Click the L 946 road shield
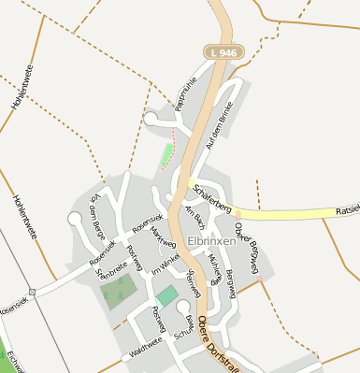click(227, 53)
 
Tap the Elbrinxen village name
click(210, 240)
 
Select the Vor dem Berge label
click(94, 214)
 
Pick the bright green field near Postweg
click(166, 297)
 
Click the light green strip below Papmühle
click(168, 154)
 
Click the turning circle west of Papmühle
click(151, 118)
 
